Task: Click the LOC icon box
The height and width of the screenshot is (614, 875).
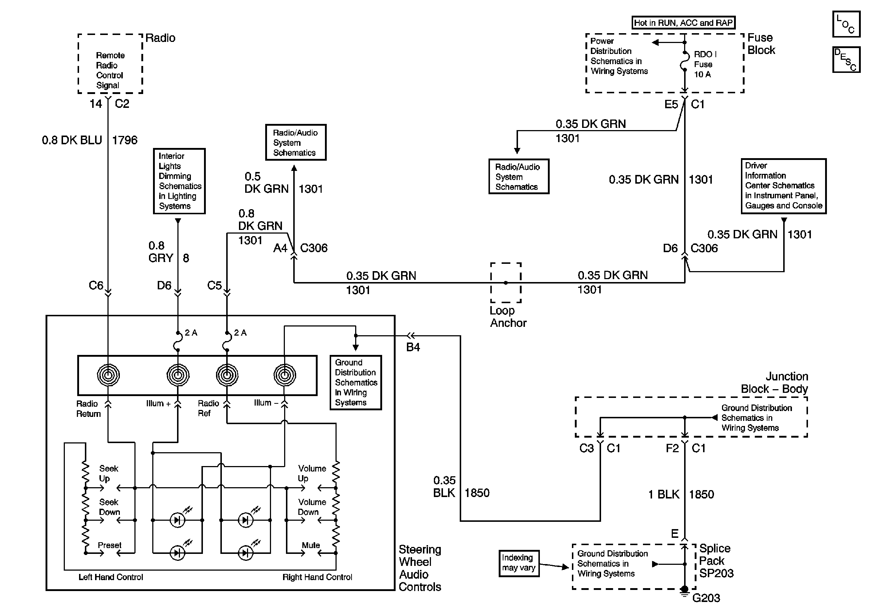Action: [846, 24]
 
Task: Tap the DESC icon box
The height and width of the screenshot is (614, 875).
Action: [846, 59]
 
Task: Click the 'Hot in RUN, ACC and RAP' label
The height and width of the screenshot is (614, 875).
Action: [683, 23]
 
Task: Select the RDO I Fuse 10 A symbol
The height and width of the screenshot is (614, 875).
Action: [685, 61]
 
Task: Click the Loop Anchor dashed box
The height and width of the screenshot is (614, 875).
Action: [506, 282]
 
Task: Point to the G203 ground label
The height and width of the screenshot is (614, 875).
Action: [706, 598]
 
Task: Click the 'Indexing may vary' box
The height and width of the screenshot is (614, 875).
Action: [519, 563]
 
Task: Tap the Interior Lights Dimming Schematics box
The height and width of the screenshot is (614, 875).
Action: [179, 181]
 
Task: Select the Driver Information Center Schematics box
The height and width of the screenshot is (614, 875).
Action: [784, 186]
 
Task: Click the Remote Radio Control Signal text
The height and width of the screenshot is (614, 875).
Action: [110, 70]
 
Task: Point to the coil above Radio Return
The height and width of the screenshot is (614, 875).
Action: [108, 375]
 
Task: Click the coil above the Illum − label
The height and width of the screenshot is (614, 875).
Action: [284, 375]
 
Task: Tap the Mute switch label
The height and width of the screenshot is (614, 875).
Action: [311, 545]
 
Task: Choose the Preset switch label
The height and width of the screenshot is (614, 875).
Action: [109, 545]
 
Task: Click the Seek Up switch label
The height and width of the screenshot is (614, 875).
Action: [109, 473]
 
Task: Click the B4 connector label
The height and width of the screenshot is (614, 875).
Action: [413, 347]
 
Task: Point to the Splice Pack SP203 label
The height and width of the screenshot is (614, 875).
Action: [716, 561]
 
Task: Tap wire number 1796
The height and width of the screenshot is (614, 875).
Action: [125, 140]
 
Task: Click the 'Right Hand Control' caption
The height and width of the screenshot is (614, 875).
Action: [317, 577]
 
